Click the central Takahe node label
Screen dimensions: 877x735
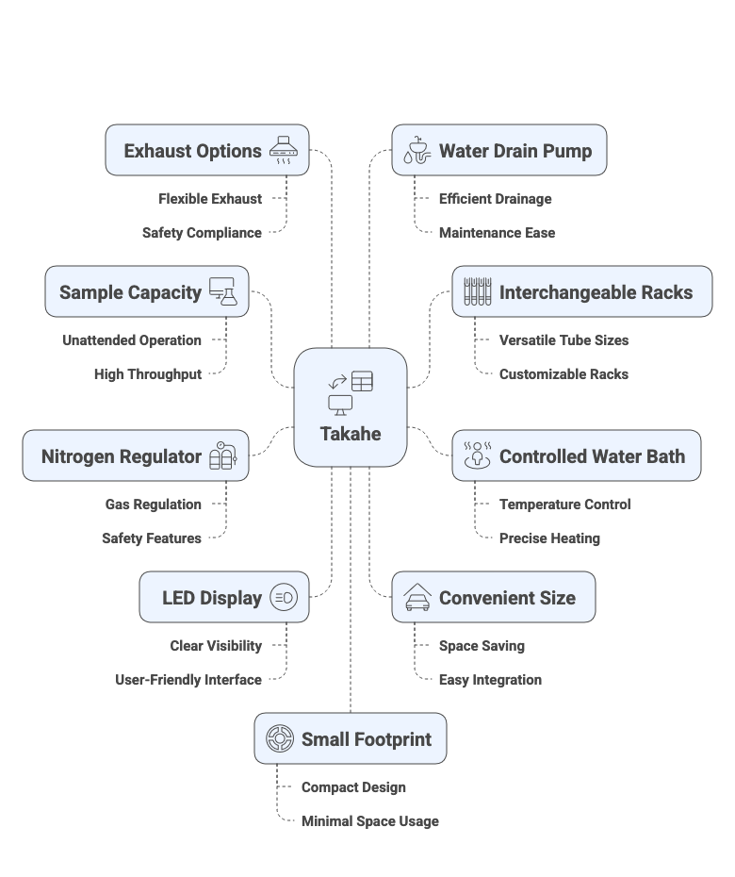pos(350,434)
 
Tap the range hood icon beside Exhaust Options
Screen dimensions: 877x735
pos(286,151)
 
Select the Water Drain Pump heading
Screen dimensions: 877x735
pos(515,151)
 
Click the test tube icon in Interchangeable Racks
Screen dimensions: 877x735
pos(478,292)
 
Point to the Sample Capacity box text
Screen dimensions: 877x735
pos(130,292)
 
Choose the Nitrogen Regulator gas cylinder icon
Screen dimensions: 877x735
pos(224,456)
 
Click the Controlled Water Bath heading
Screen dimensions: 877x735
pos(592,456)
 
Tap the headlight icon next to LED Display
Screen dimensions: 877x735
pos(283,598)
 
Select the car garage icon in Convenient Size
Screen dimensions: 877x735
pos(417,598)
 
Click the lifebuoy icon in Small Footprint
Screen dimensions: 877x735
pos(279,739)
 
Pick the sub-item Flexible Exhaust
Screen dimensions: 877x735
pos(210,199)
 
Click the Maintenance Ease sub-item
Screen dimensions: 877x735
pos(497,233)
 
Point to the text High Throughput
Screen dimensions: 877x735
pos(148,374)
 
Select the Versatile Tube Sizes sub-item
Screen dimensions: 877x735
pos(563,340)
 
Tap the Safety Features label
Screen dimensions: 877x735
pos(152,538)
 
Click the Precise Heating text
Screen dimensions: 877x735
pos(549,538)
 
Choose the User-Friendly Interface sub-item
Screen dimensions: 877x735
pos(188,680)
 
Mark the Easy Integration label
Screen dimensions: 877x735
pos(490,680)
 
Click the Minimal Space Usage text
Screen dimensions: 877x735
pos(369,821)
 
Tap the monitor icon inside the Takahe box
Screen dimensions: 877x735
pos(339,405)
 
